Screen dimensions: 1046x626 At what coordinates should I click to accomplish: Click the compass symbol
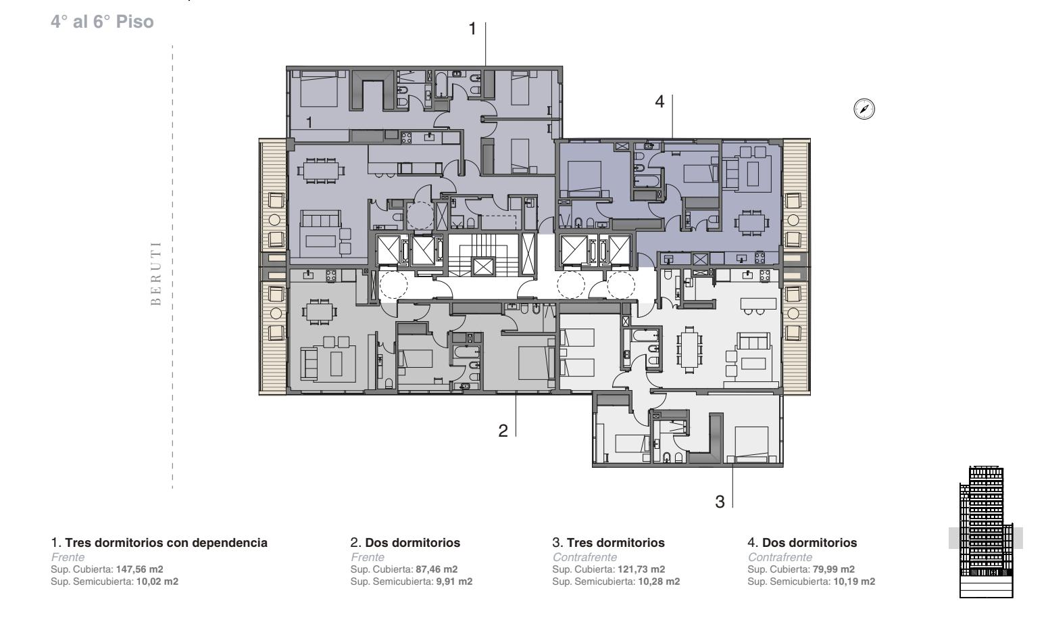[x=864, y=110]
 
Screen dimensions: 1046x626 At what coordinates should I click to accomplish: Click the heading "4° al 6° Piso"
[x=102, y=22]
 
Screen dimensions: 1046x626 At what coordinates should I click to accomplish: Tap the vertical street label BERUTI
[x=156, y=273]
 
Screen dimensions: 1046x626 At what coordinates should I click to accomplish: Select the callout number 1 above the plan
[x=472, y=29]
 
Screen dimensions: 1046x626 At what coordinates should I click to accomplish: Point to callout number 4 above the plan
[x=659, y=101]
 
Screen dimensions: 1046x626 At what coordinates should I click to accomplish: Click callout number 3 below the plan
[x=720, y=502]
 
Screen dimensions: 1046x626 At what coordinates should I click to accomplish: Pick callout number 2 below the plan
[x=503, y=431]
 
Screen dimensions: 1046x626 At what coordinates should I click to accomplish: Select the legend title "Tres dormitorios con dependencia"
[x=166, y=543]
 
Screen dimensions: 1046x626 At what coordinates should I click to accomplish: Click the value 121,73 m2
[x=641, y=569]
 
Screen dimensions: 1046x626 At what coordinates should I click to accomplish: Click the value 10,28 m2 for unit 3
[x=659, y=581]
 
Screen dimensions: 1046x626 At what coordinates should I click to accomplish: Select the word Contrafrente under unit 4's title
[x=780, y=557]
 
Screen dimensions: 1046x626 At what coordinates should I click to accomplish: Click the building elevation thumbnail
[x=986, y=531]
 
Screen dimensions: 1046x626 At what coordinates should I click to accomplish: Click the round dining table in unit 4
[x=751, y=223]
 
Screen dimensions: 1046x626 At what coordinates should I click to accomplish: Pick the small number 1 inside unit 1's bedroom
[x=309, y=122]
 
